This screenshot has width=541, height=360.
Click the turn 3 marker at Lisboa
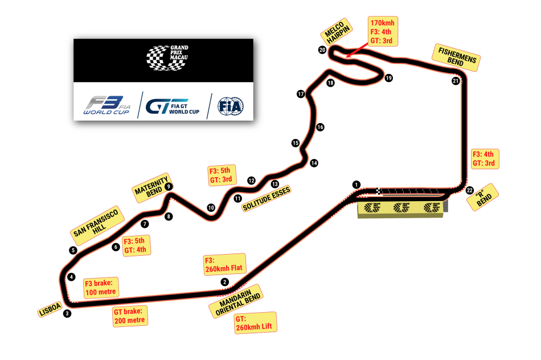67,313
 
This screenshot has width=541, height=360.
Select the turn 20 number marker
322,50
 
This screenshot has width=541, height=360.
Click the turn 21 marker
456,81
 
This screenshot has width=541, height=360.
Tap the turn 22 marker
469,190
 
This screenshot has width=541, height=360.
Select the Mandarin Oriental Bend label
235,300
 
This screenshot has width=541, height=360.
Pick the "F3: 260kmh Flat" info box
224,264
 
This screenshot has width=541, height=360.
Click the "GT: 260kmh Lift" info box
255,322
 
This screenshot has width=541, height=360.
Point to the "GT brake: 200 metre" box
130,316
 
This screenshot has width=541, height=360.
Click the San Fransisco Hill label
96,224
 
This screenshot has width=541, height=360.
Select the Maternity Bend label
151,186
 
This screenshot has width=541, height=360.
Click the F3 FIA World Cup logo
106,106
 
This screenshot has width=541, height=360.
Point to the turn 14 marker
314,163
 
